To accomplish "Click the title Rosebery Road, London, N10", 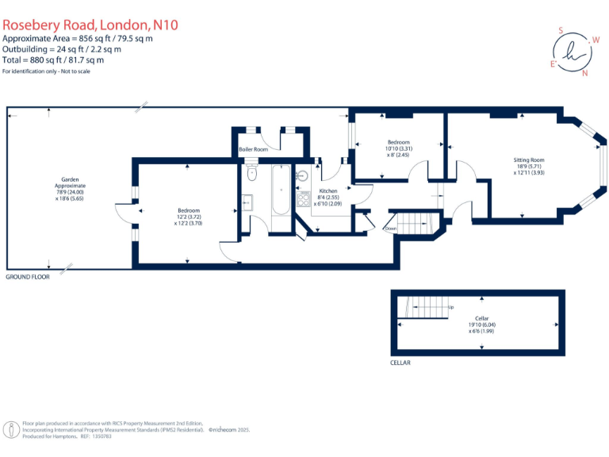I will click(x=90, y=25).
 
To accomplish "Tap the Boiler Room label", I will click(x=254, y=149).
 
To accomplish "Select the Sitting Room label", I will click(x=529, y=161).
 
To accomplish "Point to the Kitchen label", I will click(x=328, y=191).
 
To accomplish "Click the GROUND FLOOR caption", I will click(x=28, y=278).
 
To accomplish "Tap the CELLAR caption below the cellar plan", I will click(x=401, y=363).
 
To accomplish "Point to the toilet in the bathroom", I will click(x=252, y=173).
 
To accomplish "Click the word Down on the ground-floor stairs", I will click(x=391, y=228).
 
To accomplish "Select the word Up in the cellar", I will click(x=451, y=308).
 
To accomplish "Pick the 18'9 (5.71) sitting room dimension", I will click(x=529, y=167).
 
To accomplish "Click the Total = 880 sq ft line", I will click(x=53, y=60).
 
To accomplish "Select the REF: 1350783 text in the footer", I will click(x=98, y=436).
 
